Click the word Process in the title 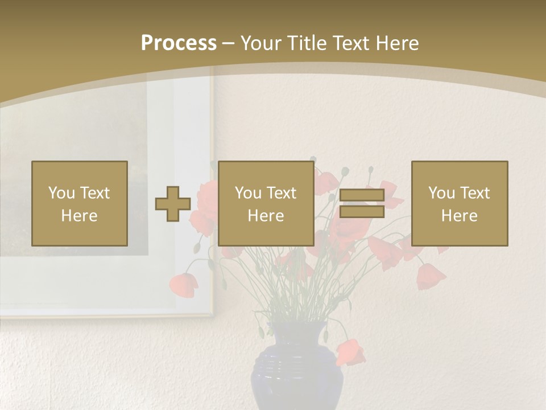click(x=179, y=43)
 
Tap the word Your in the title click(x=260, y=43)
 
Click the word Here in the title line click(x=398, y=43)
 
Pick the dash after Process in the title click(x=229, y=44)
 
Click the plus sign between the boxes click(x=173, y=204)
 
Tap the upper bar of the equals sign click(x=362, y=195)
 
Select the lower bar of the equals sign click(x=362, y=212)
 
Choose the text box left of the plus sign click(x=80, y=203)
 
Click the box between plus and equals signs click(x=266, y=203)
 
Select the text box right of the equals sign click(x=460, y=203)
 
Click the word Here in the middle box click(x=266, y=216)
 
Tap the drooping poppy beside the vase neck click(x=350, y=351)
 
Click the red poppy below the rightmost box click(x=430, y=276)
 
